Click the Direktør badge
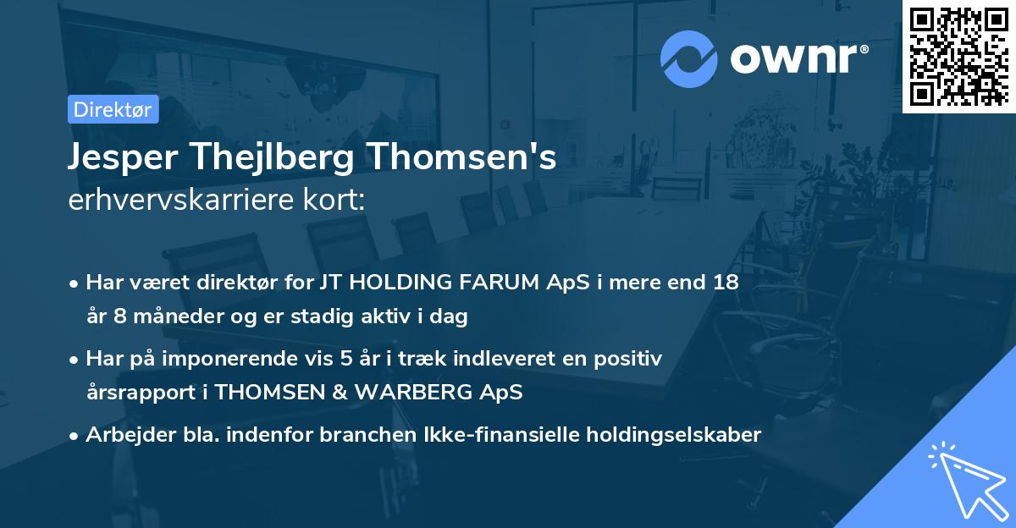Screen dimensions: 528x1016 pyautogui.click(x=113, y=109)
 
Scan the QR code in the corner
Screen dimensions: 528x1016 pyautogui.click(x=958, y=56)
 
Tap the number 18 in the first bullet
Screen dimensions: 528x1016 pyautogui.click(x=726, y=283)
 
